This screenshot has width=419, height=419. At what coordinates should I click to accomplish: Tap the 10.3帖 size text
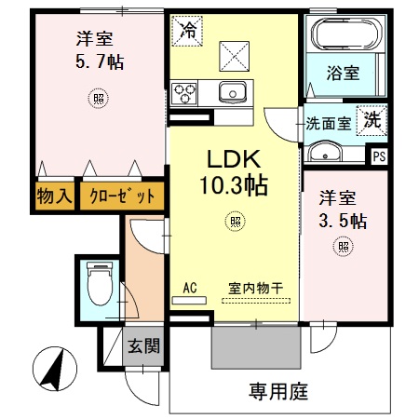tap(232, 185)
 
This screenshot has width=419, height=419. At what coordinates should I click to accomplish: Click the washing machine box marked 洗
tap(372, 120)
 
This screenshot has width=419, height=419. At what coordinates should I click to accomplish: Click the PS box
tap(378, 155)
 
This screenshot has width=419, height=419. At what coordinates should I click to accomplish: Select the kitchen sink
tap(231, 91)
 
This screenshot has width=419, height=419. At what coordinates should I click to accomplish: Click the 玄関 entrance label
tap(143, 346)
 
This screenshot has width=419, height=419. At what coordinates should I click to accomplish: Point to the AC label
tap(189, 288)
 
